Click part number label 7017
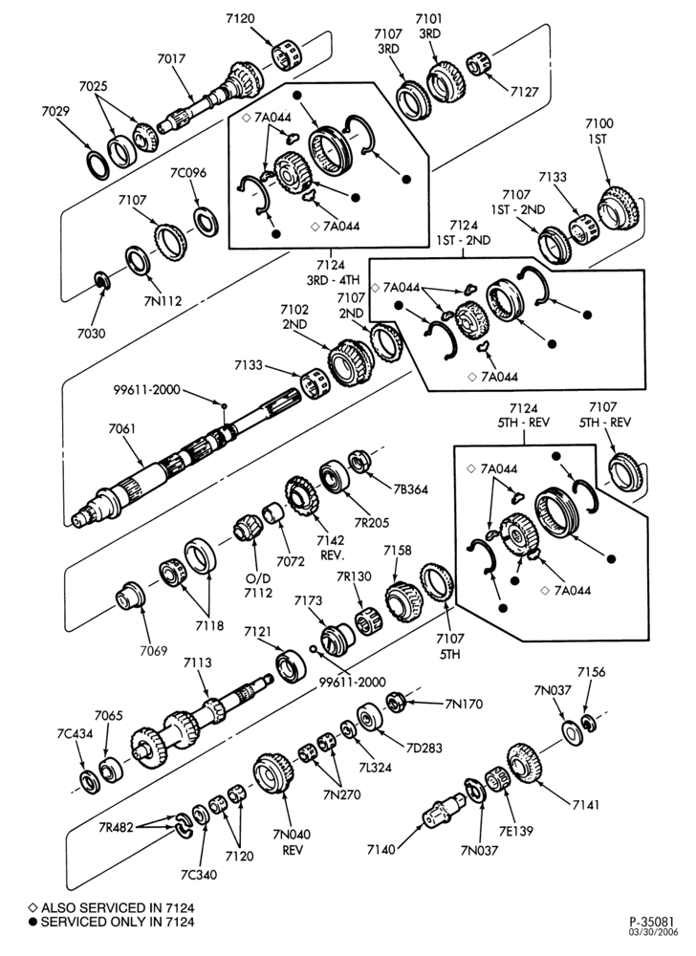coord(171,59)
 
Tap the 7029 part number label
coord(55,111)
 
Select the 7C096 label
coord(187,172)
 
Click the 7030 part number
coord(92,334)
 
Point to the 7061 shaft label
coord(121,428)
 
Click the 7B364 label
coord(411,489)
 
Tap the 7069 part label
coord(153,651)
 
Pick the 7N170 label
coord(465,705)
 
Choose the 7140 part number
coord(381,849)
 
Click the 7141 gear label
coord(586,805)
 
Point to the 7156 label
coord(591,672)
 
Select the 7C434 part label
coord(75,733)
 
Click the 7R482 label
coord(116,827)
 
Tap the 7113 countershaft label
coord(198,663)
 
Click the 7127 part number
coord(525,92)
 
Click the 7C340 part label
coord(199,875)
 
